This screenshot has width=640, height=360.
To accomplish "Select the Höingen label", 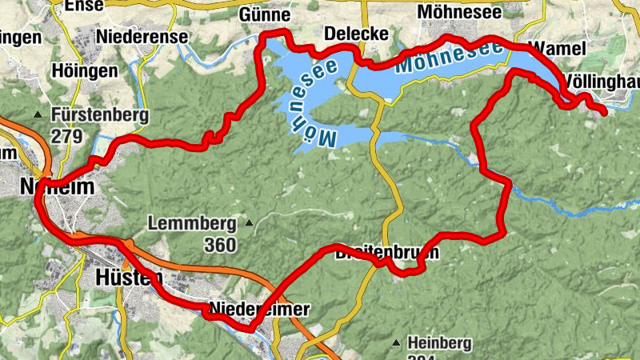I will coord(85,71).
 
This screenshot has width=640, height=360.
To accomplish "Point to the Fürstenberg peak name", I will coord(99,114).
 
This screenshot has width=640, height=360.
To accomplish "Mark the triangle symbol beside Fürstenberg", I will coord(38,115).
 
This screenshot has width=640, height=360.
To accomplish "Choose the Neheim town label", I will coord(58,187).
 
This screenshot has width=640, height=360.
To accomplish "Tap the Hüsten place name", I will coord(128,278).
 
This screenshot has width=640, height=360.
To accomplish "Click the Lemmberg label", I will coord(192,223).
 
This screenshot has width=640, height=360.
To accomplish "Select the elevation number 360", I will coord(220,245).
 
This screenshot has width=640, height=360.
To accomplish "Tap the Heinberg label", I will coord(439,343).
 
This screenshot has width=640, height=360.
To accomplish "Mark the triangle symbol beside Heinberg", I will coord(396,344).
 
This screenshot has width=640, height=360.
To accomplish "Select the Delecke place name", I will coord(356,34).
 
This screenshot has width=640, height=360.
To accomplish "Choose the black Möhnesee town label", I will coord(459,14).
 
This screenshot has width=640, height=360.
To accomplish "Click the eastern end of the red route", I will coord(604,114).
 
